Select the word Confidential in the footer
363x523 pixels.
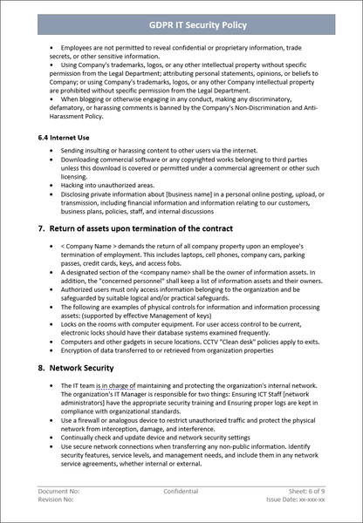[181, 492]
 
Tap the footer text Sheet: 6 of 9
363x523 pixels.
[306, 492]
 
